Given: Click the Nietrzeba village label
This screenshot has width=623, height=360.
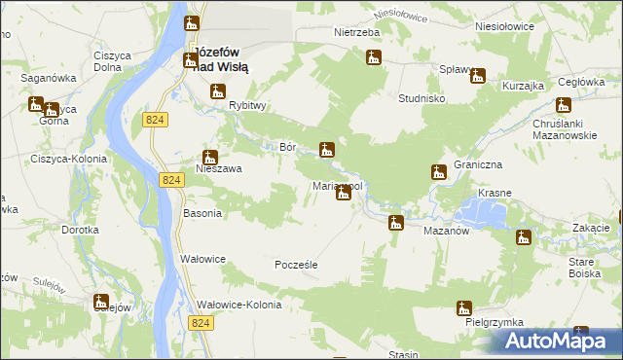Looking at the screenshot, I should [356, 32].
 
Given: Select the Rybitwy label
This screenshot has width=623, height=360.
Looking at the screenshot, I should [247, 106].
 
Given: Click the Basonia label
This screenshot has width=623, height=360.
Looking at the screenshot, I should [202, 213].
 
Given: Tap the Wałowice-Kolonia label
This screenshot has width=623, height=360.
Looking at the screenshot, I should [239, 305].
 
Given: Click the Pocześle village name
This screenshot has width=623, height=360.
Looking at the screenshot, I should [297, 265].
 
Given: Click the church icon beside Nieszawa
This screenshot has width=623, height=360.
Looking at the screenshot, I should [210, 157].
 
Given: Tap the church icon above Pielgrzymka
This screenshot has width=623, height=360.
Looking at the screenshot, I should [463, 309].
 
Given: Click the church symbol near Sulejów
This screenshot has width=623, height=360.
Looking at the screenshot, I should [101, 302].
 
